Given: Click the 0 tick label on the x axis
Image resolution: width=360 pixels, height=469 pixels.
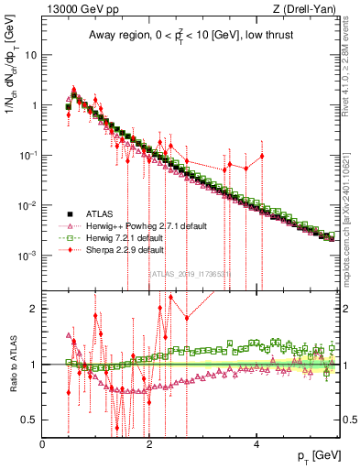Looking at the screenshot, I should click(x=43, y=444).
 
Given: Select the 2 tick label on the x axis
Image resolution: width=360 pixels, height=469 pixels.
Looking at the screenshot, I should click(x=149, y=444).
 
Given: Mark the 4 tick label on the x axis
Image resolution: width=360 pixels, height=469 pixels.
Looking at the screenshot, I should click(x=256, y=444).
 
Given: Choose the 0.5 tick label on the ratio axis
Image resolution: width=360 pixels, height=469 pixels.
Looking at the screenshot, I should click(x=30, y=420).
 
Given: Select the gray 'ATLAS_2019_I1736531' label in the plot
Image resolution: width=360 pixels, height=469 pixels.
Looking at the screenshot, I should click(x=191, y=273).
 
